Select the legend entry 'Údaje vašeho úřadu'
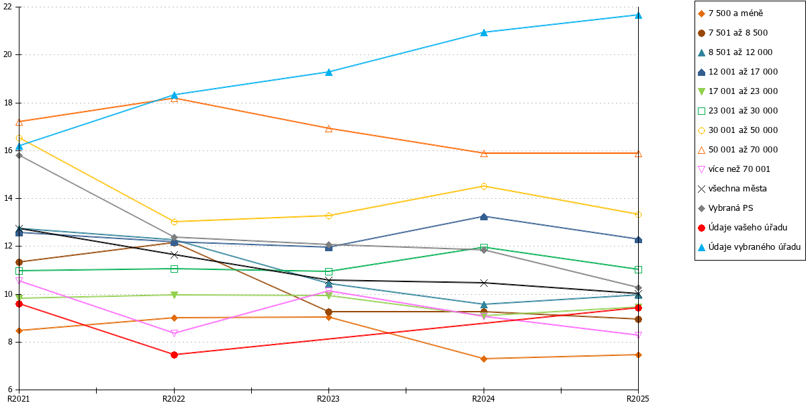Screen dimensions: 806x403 [x=742, y=228]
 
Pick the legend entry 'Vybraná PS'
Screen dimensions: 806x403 [x=725, y=208]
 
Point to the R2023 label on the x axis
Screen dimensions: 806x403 [x=328, y=399]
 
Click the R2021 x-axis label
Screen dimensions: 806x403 [x=19, y=399]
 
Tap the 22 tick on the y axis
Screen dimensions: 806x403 [x=7, y=7]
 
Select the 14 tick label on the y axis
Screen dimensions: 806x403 [x=7, y=198]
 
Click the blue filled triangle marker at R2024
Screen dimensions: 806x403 [x=484, y=32]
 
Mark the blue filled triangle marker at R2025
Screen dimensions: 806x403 [x=638, y=15]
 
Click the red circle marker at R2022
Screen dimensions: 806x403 [x=174, y=355]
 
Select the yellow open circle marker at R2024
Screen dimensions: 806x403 [x=484, y=187]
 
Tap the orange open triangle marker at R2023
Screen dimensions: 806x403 [x=328, y=128]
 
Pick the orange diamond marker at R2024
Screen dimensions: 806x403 [x=484, y=359]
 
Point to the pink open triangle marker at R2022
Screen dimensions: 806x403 [x=174, y=334]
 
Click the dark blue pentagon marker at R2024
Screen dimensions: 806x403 [x=484, y=216]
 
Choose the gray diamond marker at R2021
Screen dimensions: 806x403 [x=19, y=155]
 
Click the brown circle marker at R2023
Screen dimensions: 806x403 [x=328, y=312]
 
